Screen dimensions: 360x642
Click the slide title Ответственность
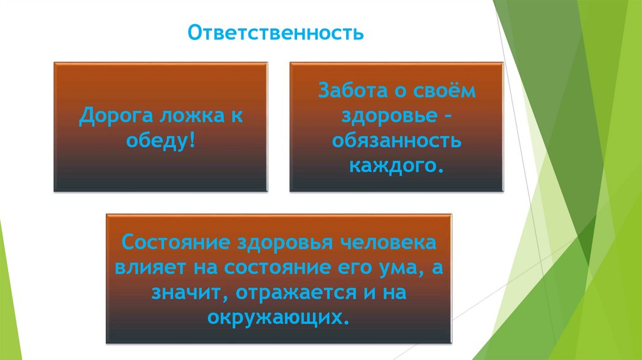click(276, 32)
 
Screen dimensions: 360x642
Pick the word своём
click(446, 90)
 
